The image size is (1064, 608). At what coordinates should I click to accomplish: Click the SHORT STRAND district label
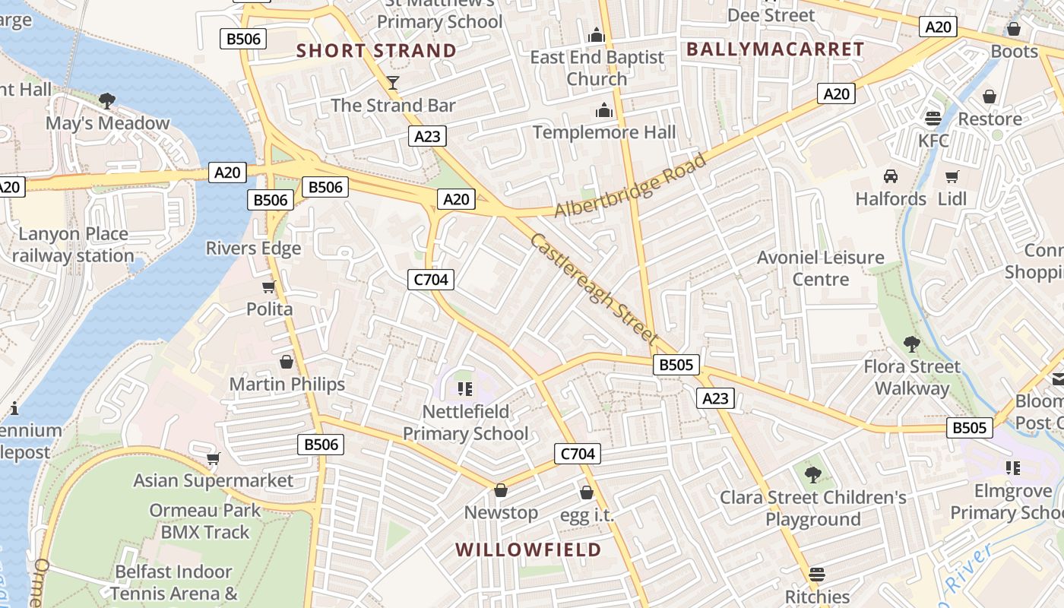pos(376,51)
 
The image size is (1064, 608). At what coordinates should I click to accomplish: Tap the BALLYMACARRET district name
pos(775,49)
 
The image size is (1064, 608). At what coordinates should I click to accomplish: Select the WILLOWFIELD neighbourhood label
pos(528,549)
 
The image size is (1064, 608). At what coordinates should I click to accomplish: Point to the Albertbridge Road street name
pos(631,185)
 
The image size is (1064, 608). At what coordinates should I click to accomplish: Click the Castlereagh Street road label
pos(594,288)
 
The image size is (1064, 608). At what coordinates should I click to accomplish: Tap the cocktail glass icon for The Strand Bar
pos(393,82)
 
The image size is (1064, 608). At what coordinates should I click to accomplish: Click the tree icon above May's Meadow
pos(107,100)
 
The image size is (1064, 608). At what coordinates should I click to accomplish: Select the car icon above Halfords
pos(891,176)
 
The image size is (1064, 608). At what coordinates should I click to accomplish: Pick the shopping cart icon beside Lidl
pos(952,176)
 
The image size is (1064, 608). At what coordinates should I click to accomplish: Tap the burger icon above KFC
pos(933,118)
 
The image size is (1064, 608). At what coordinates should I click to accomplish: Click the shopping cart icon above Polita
pos(268,287)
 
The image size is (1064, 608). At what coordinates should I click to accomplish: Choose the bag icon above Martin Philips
pos(287,361)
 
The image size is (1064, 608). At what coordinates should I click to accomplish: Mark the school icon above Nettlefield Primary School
pos(465,389)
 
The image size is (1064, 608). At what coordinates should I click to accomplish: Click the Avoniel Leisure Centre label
pos(821,268)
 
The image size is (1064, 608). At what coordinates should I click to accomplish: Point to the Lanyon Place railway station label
pos(73,245)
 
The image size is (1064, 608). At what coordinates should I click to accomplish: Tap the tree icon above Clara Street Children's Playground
pos(812,475)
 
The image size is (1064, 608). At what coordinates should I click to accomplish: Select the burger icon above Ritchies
pos(817,573)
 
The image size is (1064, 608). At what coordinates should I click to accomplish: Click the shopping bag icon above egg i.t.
pos(586,492)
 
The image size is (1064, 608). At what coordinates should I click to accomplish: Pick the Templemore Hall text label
pos(604,132)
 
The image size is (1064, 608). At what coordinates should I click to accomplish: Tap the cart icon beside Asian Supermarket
pos(214,458)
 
